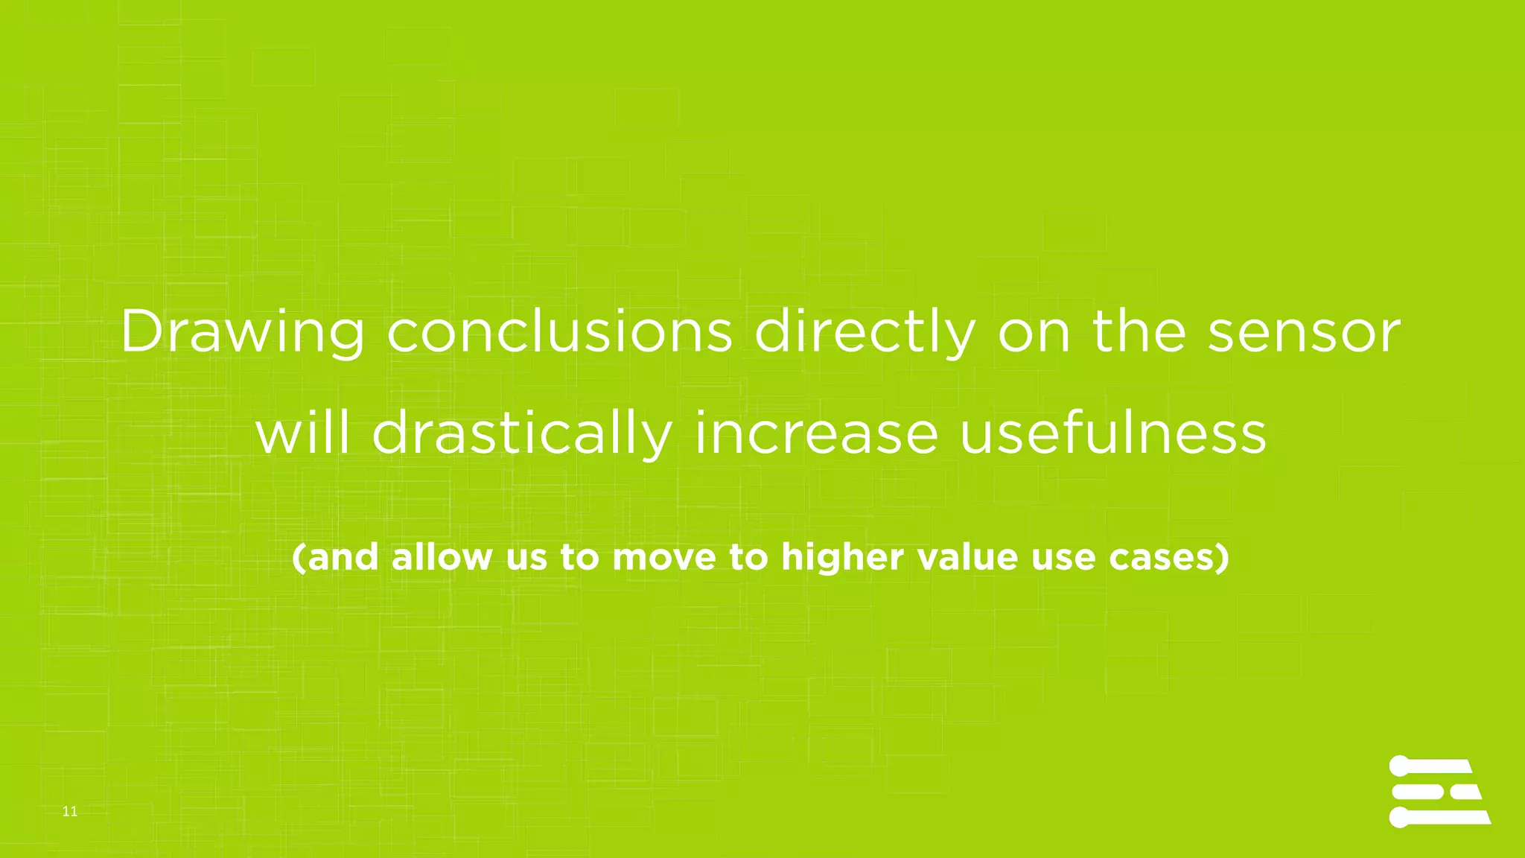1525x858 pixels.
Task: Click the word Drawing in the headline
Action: point(242,332)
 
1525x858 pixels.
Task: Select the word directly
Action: point(865,332)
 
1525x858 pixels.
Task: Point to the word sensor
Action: point(1304,332)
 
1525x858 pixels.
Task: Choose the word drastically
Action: point(522,434)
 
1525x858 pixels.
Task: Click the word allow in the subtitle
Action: point(442,557)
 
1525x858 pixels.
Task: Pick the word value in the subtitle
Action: point(967,557)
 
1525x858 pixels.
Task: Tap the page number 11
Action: point(70,812)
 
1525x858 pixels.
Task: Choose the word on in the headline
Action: point(1034,332)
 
